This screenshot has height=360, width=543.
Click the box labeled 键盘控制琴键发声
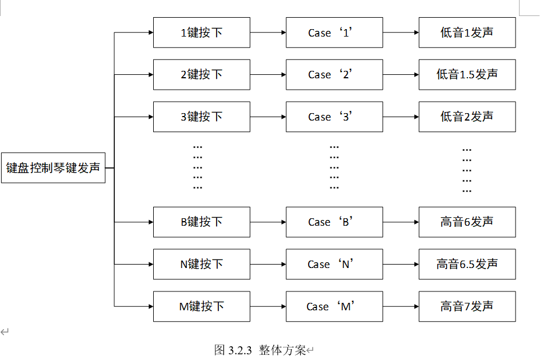pyautogui.click(x=53, y=168)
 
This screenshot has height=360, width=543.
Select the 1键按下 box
pyautogui.click(x=201, y=33)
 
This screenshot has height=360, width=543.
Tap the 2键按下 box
pyautogui.click(x=201, y=74)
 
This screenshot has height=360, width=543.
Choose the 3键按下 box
pyautogui.click(x=201, y=117)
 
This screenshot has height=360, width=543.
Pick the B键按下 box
pyautogui.click(x=201, y=222)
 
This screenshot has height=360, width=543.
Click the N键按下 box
pyautogui.click(x=201, y=264)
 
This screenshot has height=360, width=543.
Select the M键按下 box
pyautogui.click(x=201, y=306)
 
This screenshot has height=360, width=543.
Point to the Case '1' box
pyautogui.click(x=334, y=33)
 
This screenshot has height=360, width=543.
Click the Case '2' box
pyautogui.click(x=334, y=74)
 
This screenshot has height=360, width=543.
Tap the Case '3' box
pyautogui.click(x=334, y=117)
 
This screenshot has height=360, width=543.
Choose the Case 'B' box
pyautogui.click(x=334, y=222)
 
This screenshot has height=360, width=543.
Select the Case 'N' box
pyautogui.click(x=334, y=264)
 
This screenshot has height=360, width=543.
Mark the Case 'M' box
pyautogui.click(x=334, y=306)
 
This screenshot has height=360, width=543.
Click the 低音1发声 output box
pyautogui.click(x=467, y=33)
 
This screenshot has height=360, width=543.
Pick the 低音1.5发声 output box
pyautogui.click(x=467, y=74)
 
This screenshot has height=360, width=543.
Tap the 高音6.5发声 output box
pyautogui.click(x=467, y=264)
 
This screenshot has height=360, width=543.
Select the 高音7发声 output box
pyautogui.click(x=467, y=306)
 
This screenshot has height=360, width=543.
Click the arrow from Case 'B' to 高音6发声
pyautogui.click(x=401, y=222)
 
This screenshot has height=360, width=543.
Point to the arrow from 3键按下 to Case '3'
pyautogui.click(x=267, y=117)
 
